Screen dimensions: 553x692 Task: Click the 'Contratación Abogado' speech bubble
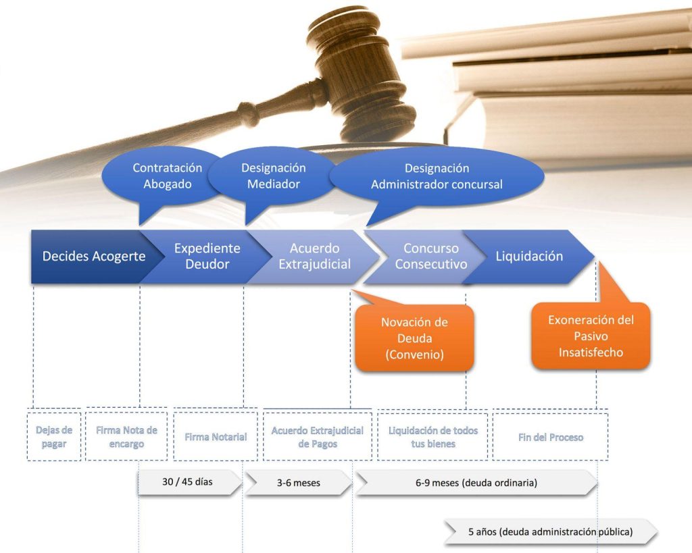click(167, 176)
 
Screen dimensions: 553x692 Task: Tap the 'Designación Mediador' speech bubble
click(273, 176)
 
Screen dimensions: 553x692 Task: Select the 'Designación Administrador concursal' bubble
click(437, 176)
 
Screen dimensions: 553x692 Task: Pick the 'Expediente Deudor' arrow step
click(207, 256)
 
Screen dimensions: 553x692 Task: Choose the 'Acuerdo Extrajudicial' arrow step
click(314, 257)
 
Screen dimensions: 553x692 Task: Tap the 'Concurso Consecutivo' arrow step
click(430, 257)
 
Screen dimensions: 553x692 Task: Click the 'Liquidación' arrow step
click(529, 257)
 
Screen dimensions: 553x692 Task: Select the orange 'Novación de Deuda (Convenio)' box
click(414, 338)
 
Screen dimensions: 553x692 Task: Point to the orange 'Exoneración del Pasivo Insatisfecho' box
click(591, 336)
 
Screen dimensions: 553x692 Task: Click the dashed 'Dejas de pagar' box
click(54, 436)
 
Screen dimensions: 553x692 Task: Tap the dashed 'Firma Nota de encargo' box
click(126, 436)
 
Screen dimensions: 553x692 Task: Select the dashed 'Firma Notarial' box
click(216, 437)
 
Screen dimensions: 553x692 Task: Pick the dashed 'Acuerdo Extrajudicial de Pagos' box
click(317, 437)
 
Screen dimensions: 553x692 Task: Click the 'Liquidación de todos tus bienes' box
click(432, 437)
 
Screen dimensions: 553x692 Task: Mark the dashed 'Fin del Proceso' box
click(550, 437)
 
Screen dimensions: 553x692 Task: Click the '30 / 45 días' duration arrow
click(189, 483)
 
